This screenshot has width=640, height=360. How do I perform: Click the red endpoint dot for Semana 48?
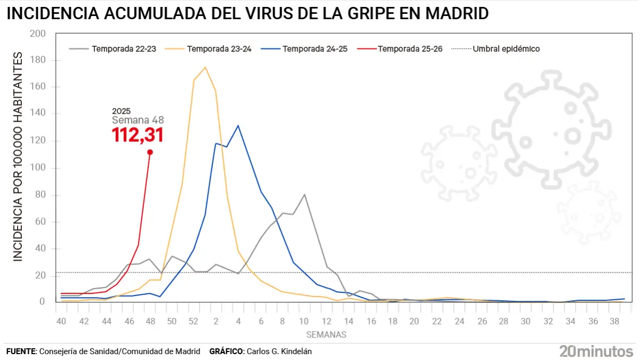(150, 152)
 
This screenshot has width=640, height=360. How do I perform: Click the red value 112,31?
(137, 135)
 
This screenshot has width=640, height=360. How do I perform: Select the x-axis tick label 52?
(194, 322)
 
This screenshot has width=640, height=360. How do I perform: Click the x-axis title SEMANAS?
(326, 335)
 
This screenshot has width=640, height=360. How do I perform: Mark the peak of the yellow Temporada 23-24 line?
(205, 67)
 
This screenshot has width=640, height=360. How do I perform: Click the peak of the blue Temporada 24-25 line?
(238, 125)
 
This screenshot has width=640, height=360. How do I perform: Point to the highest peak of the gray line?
(304, 195)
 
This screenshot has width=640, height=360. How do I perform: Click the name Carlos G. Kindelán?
(278, 351)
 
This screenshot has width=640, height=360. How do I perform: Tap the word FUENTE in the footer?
(20, 351)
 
